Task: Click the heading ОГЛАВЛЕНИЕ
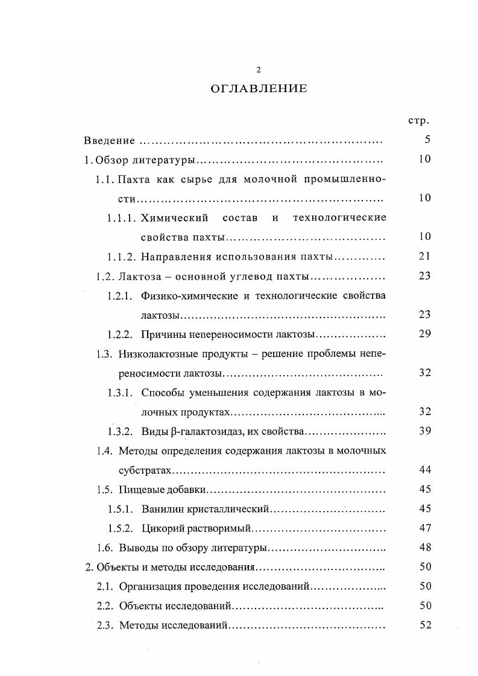pos(259,89)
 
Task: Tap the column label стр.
pos(418,120)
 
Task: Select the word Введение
pos(109,141)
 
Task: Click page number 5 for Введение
pos(427,140)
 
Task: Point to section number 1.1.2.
pos(121,257)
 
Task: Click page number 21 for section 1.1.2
pos(424,256)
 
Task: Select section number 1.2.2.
pos(121,334)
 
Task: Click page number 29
pos(424,334)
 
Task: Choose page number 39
pos(424,431)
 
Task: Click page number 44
pos(424,469)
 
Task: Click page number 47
pos(424,528)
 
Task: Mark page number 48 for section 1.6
pos(424,548)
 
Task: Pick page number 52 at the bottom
pos(424,625)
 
